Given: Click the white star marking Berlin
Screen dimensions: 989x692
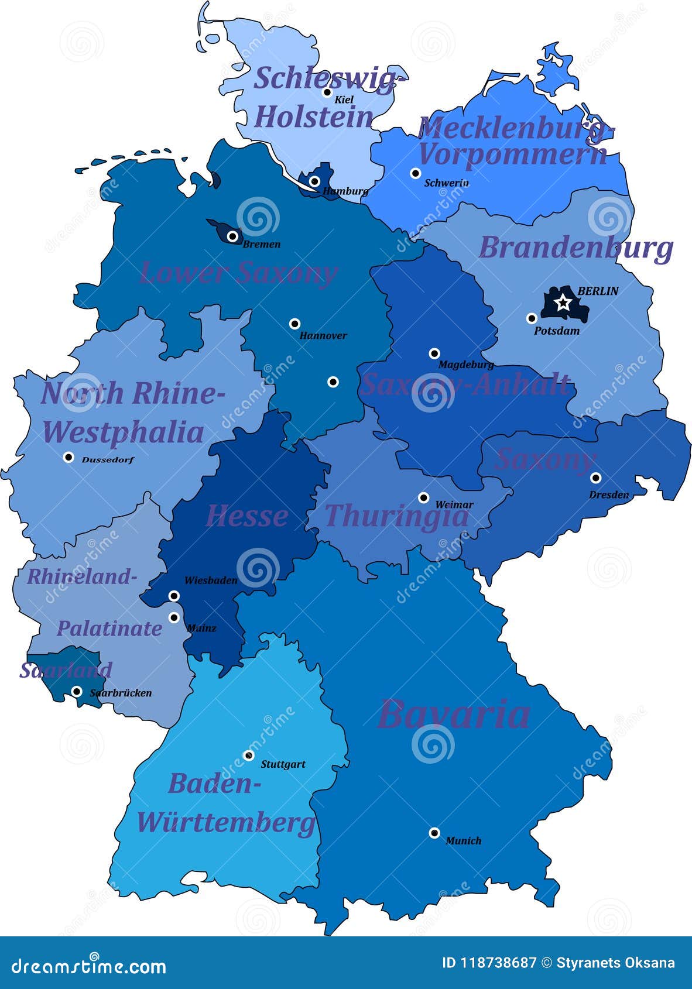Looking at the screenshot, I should click(x=563, y=303).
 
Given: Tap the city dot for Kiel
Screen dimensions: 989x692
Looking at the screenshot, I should click(x=328, y=92).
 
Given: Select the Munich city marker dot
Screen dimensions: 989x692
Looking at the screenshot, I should click(x=434, y=833).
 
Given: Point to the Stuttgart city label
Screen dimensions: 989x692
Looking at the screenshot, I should click(x=283, y=764).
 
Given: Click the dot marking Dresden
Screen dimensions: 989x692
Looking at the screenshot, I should click(x=596, y=478).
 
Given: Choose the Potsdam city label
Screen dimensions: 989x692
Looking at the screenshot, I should click(x=557, y=331).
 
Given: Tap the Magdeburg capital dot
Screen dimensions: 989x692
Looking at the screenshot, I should click(x=434, y=353).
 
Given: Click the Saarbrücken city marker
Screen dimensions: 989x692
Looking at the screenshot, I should click(x=77, y=692).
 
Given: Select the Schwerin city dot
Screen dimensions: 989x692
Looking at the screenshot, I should click(x=416, y=173).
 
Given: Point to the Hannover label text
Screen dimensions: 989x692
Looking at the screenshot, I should click(x=323, y=336).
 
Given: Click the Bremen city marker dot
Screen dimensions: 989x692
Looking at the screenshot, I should click(x=233, y=236).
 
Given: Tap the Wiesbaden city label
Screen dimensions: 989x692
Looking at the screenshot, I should click(x=211, y=581).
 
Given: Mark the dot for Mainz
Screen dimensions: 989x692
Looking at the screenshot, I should click(x=174, y=617).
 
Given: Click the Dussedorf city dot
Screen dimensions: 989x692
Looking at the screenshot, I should click(x=68, y=457).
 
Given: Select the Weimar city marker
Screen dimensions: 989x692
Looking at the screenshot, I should click(x=424, y=498).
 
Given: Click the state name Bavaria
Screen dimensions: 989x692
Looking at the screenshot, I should click(x=454, y=714).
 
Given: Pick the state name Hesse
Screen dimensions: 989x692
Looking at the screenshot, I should click(x=246, y=516).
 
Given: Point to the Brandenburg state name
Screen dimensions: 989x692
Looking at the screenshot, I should click(x=576, y=248).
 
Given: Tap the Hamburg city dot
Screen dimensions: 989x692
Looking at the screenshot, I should click(x=315, y=181).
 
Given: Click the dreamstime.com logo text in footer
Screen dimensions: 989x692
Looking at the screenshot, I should click(x=89, y=966).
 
